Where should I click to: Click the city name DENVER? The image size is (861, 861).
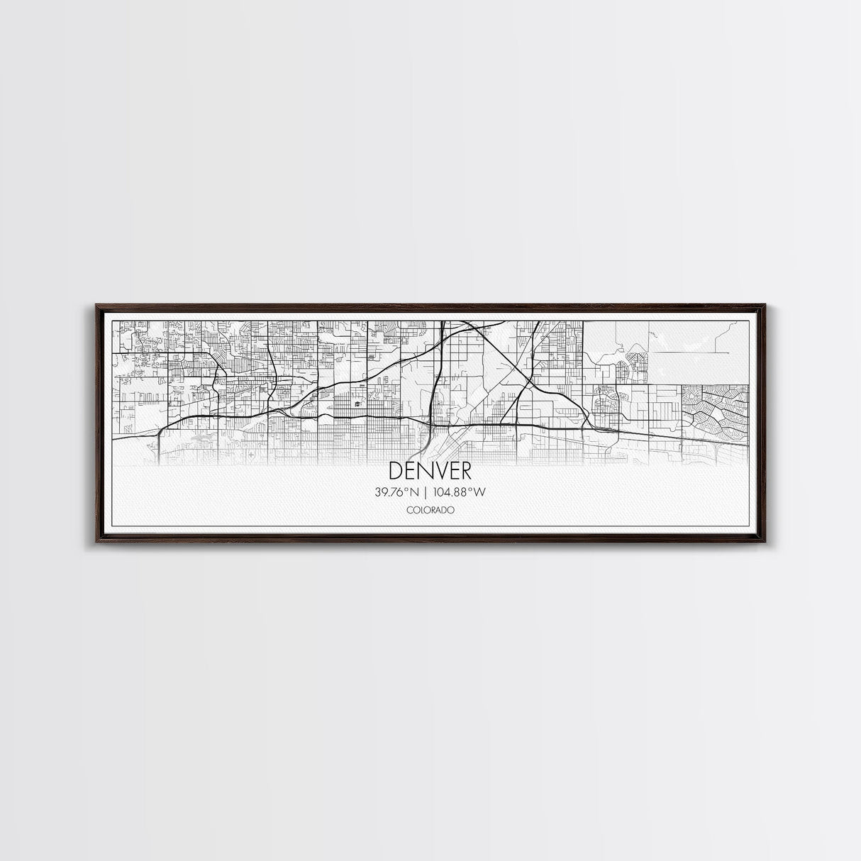430,471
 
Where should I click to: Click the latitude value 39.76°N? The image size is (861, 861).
398,491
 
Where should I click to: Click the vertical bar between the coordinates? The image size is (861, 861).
425,491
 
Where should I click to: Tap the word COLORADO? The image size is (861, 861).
430,510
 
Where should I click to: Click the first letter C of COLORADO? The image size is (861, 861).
409,510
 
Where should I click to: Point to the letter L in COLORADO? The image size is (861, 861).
421,510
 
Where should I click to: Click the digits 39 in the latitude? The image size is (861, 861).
382,491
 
